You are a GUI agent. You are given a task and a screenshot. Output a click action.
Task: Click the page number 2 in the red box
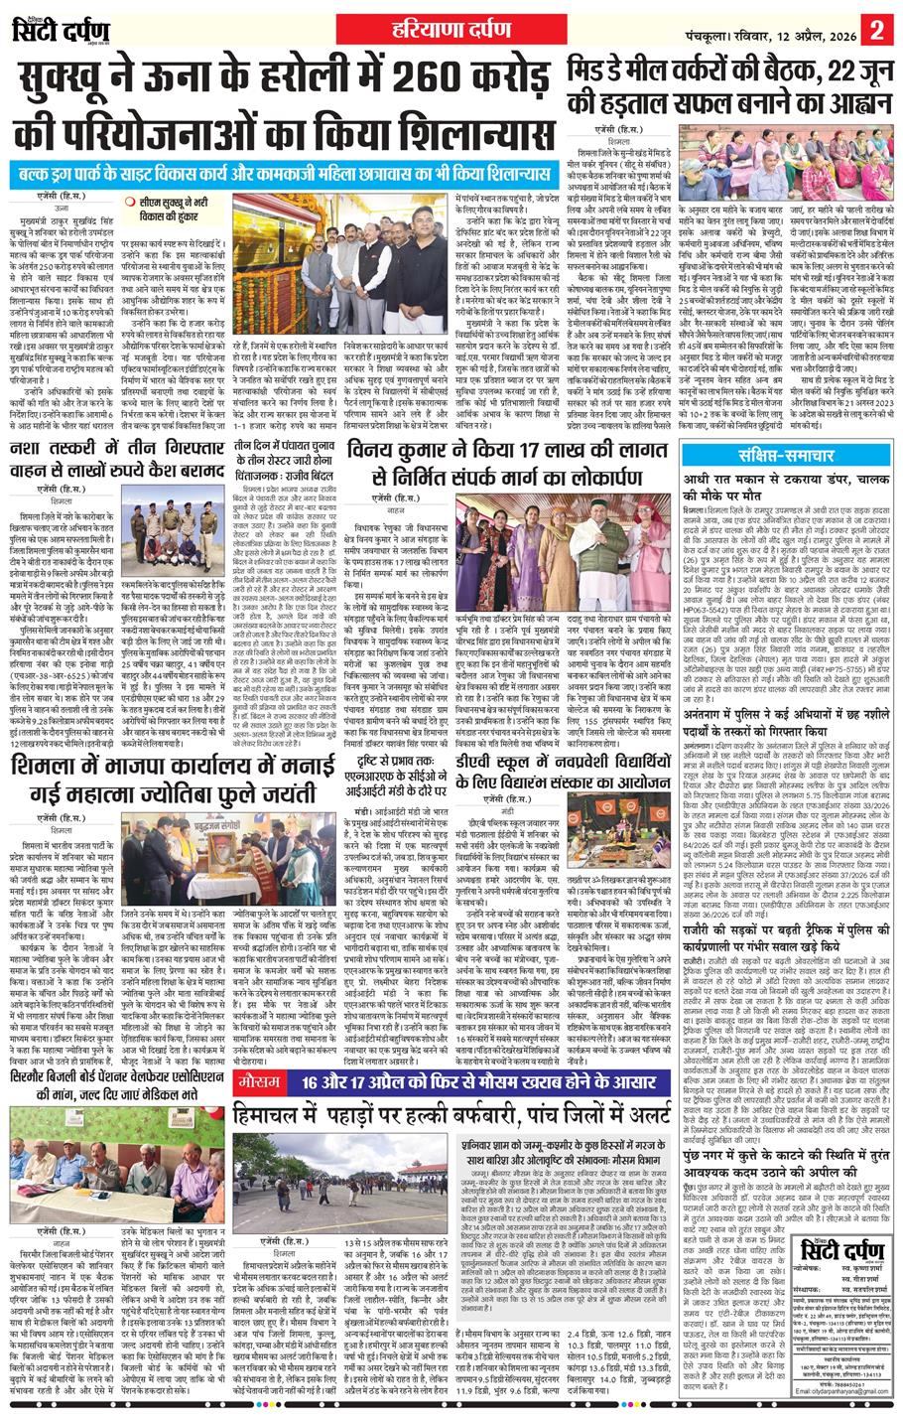877,27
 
